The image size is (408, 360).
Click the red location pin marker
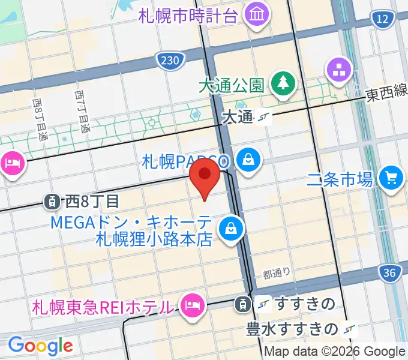pos(205,175)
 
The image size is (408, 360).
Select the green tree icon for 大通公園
pos(281,83)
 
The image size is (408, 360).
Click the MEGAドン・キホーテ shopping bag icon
pos(230,228)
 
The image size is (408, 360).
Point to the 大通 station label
pos(238,117)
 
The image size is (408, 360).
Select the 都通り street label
pos(277,273)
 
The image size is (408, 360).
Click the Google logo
pos(40,346)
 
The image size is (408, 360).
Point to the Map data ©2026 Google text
pos(335,352)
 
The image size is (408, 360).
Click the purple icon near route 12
pos(338,70)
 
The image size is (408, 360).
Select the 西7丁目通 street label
pos(82,112)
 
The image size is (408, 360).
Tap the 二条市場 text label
pos(340,178)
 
